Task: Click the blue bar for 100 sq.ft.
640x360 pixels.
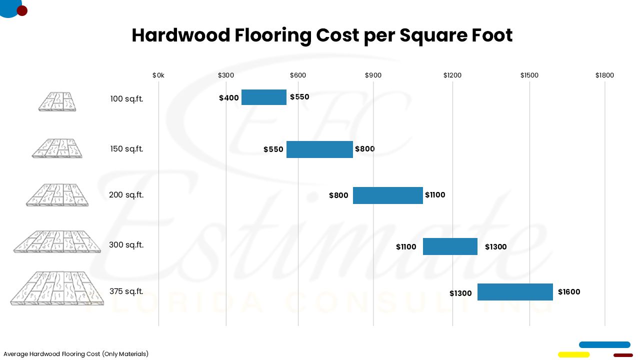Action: pos(264,97)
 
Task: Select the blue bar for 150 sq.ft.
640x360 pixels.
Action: pos(319,149)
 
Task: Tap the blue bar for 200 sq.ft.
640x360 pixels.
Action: pos(388,195)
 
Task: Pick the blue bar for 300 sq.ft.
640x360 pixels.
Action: pos(450,246)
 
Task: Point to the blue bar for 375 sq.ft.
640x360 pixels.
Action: pos(515,292)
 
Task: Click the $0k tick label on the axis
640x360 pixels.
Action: pos(158,75)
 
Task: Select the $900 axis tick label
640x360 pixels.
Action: pos(373,75)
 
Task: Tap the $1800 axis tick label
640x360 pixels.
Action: pos(604,75)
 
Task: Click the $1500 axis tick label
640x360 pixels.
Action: pos(529,75)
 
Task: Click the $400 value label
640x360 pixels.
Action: pos(229,98)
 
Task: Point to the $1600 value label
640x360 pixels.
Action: pos(569,292)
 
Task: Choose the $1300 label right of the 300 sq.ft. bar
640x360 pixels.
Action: pos(495,247)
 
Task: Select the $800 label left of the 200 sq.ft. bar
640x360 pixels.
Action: pos(338,195)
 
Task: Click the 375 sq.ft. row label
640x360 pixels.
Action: pos(126,291)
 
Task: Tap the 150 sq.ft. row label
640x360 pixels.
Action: pos(126,149)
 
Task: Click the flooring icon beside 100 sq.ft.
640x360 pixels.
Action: pos(57,101)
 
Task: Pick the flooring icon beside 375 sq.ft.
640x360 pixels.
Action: pos(57,288)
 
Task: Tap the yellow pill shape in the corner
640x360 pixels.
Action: pos(573,354)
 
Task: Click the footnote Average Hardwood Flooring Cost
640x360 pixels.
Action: pos(76,354)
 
